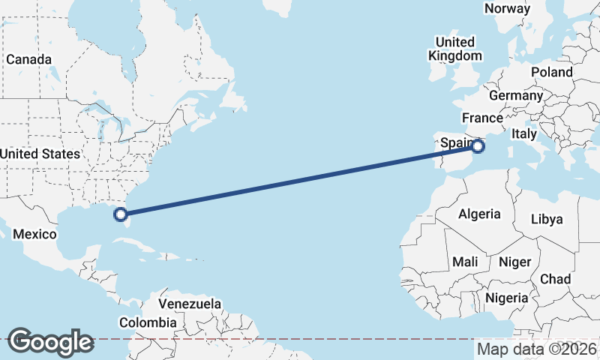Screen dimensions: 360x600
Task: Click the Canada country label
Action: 28,59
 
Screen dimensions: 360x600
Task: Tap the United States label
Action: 40,154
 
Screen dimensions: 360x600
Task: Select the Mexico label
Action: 34,235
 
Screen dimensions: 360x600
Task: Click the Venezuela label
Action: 190,304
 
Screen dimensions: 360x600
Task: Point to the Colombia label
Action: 148,323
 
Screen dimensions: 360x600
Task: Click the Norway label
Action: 508,8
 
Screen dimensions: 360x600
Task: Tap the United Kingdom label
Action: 455,49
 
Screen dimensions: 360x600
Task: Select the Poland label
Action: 551,72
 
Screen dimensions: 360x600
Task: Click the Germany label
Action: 516,96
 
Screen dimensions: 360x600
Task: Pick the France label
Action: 482,118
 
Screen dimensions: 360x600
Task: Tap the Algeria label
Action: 479,214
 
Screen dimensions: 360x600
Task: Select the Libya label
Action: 546,220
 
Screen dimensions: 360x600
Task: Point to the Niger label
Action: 514,262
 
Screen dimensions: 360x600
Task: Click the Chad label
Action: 556,279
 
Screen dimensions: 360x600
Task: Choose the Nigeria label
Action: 508,298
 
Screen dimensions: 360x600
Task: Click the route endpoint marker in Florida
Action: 120,215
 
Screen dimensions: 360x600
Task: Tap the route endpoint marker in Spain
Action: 477,145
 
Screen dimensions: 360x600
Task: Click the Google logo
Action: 50,342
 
